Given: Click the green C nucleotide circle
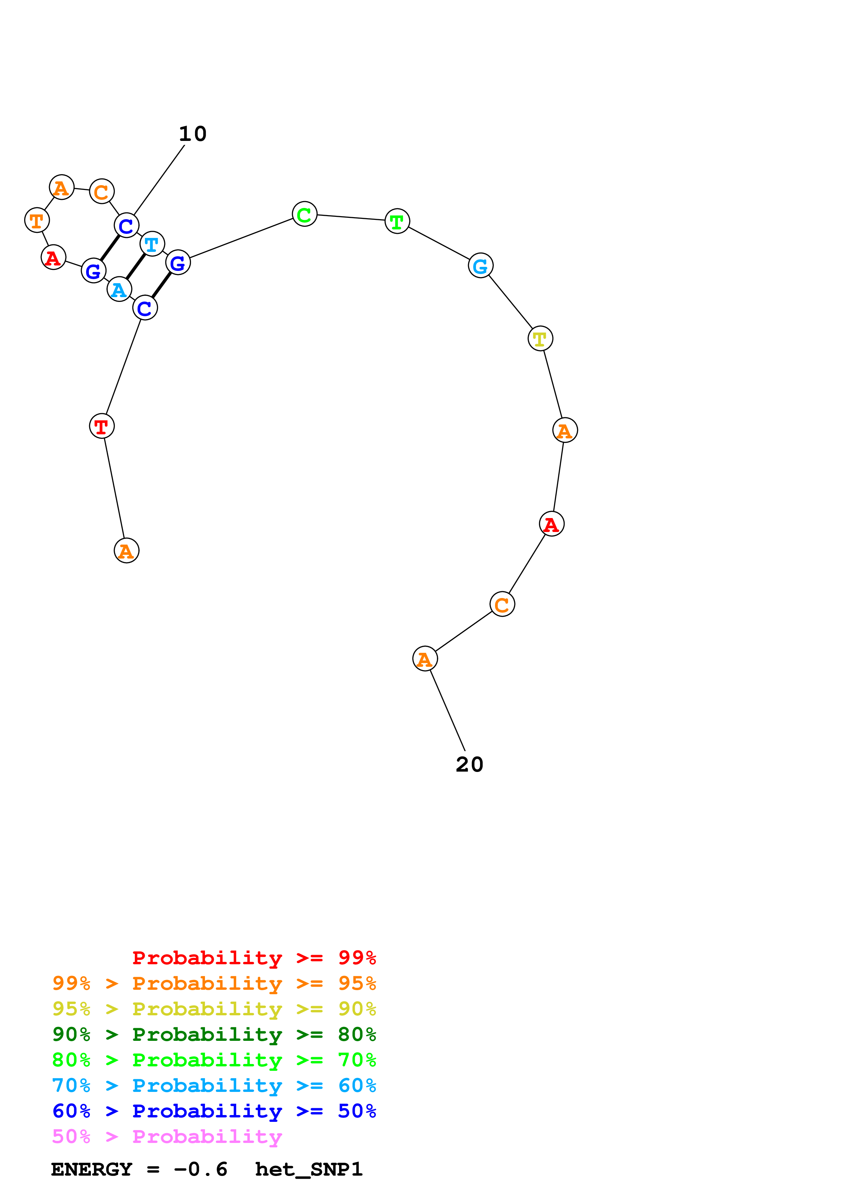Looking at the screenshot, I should pyautogui.click(x=304, y=214).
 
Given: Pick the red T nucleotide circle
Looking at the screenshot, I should pyautogui.click(x=101, y=426).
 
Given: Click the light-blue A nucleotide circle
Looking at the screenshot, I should pyautogui.click(x=119, y=289).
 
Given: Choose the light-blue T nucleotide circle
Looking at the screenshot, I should pyautogui.click(x=152, y=243).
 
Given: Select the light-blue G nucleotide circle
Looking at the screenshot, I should pyautogui.click(x=480, y=266).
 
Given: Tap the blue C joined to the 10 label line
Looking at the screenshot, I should pyautogui.click(x=126, y=225).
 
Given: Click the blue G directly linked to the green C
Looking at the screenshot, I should pyautogui.click(x=178, y=263).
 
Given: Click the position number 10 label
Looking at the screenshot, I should pyautogui.click(x=192, y=134).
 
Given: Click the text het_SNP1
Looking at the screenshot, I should pyautogui.click(x=308, y=1169).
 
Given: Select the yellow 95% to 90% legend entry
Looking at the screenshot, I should pyautogui.click(x=214, y=1009).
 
